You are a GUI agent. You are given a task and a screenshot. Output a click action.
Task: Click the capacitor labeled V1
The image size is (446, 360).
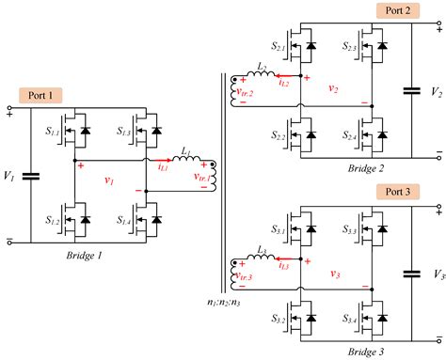pos(31,175)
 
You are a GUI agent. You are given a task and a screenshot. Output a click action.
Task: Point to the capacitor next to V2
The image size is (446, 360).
pos(411,91)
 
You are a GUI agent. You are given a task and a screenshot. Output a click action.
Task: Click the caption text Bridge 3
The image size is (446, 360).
pos(335,350)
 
